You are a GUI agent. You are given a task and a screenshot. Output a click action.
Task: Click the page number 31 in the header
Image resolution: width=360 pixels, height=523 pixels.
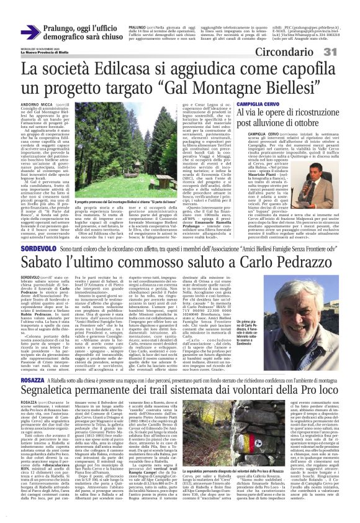pos(344,51)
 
